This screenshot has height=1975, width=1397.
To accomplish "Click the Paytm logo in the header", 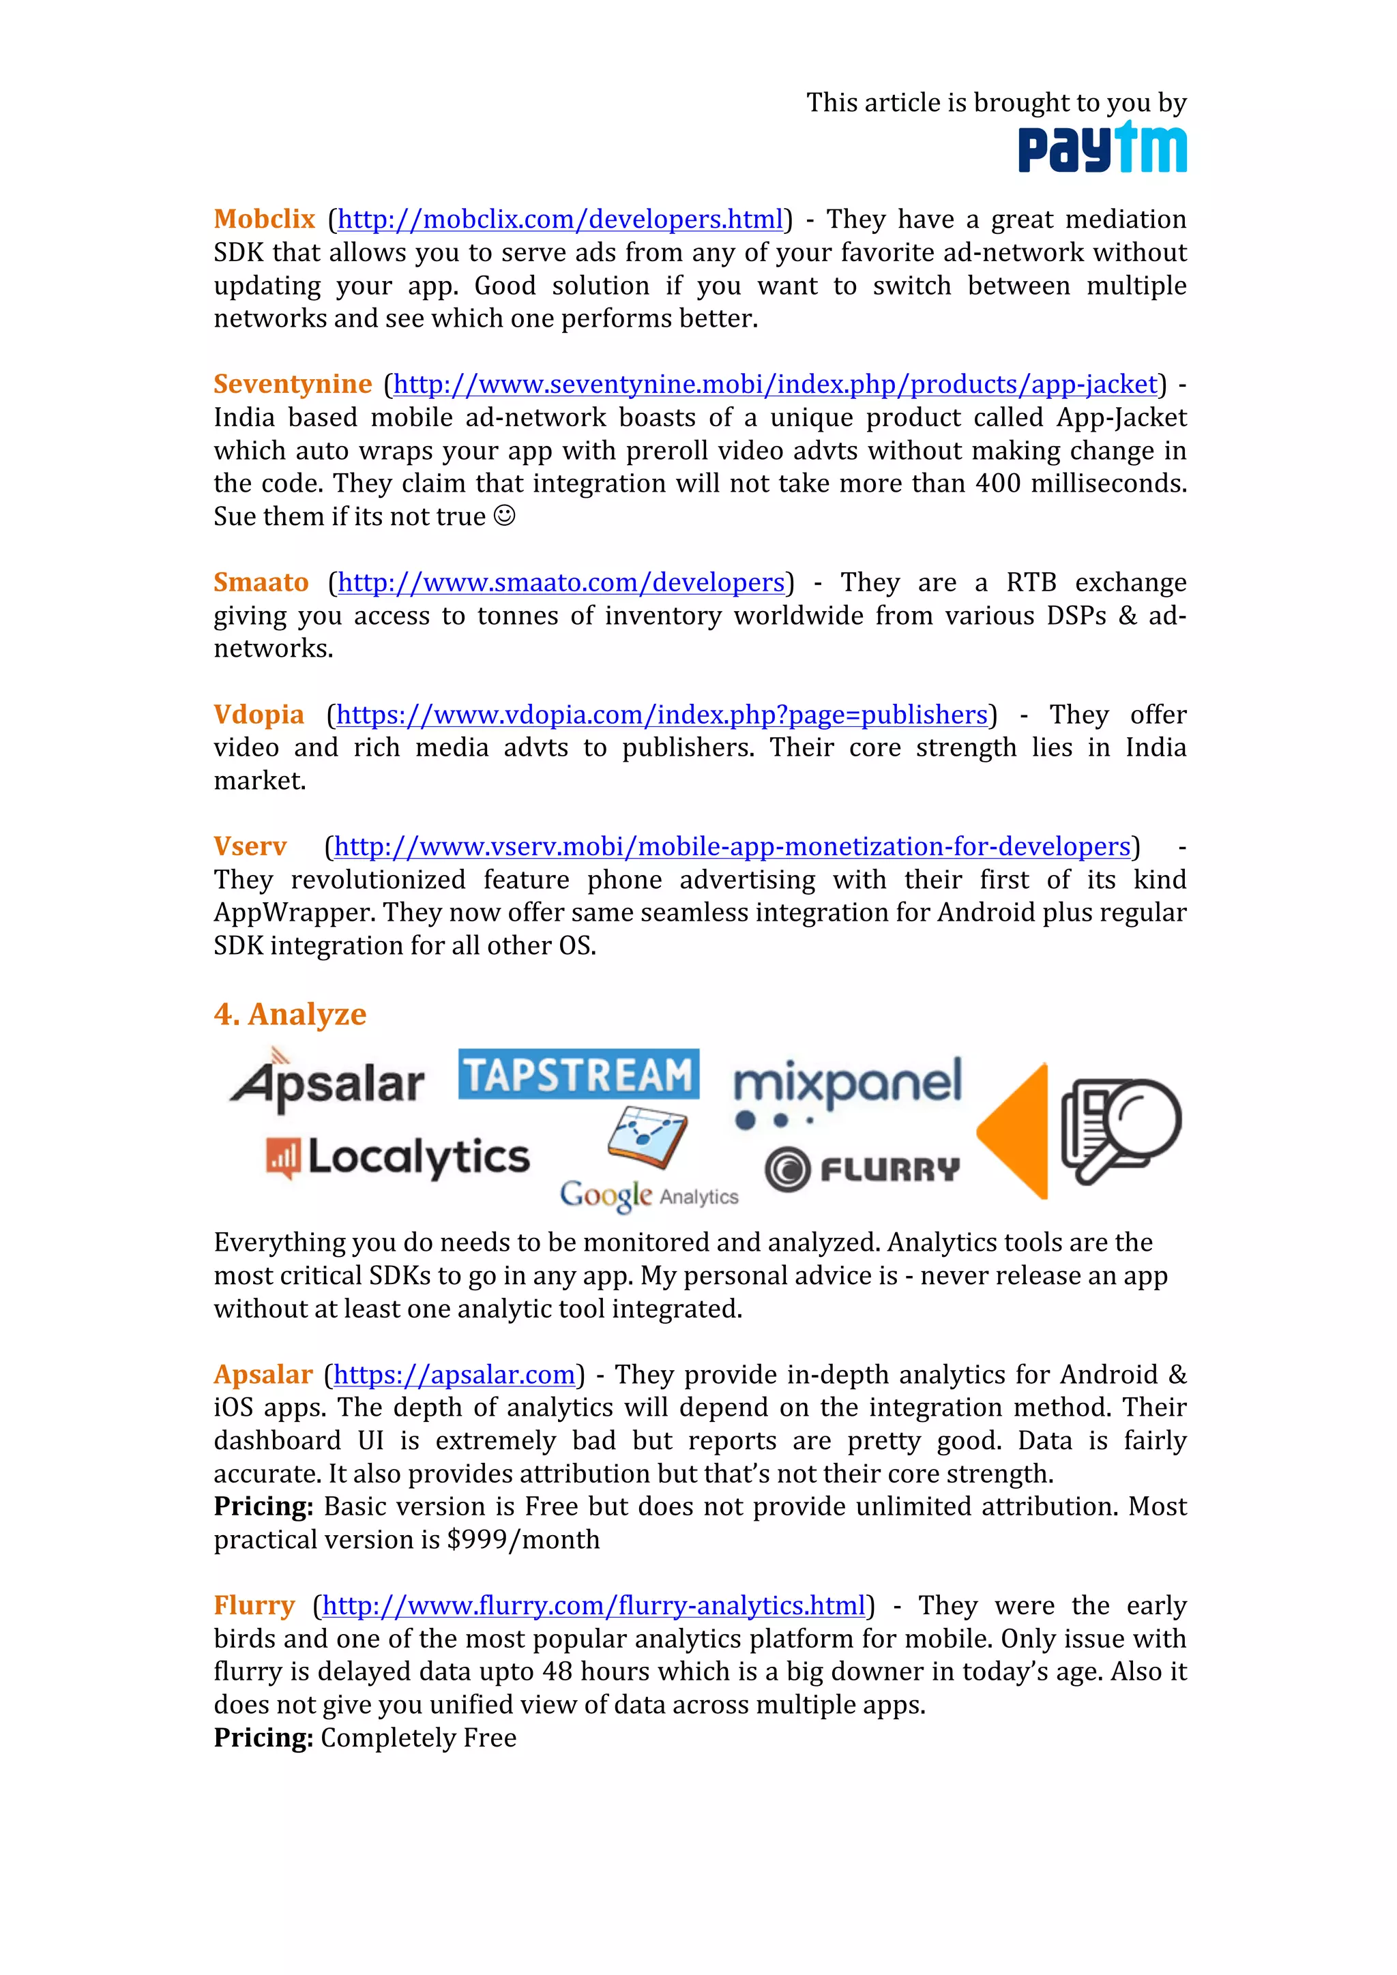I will pos(1102,148).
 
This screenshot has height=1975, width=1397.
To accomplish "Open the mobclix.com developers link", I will pos(560,220).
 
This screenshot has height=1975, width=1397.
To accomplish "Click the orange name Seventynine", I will pos(293,384).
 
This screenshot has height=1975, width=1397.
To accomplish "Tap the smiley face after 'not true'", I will pos(505,516).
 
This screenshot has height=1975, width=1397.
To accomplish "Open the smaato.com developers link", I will pos(561,582).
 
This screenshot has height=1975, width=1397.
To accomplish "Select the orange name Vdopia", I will pos(259,715).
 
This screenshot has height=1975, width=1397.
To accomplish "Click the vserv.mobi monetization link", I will pos(732,846).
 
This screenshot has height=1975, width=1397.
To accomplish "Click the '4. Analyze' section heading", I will pos(290,1014).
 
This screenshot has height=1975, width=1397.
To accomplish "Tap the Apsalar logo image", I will pos(327,1081).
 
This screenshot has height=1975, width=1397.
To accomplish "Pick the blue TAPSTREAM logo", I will pos(578,1074).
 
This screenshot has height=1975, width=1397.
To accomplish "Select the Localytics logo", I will pos(398,1157).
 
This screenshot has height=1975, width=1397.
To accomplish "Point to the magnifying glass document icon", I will pos(1121,1129).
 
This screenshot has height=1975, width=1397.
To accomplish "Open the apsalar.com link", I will pos(454,1375).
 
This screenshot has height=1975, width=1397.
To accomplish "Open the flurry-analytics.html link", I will pos(593,1605).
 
